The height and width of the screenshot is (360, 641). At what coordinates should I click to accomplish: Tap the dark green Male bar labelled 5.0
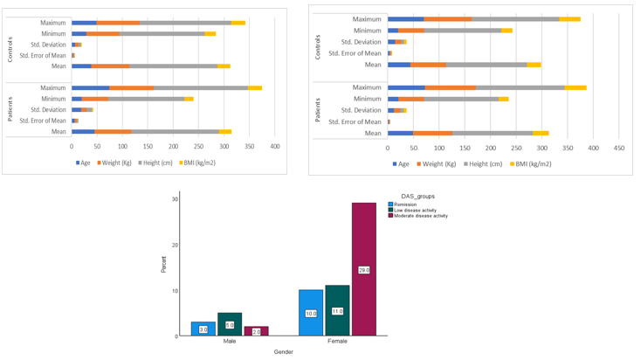pos(229,324)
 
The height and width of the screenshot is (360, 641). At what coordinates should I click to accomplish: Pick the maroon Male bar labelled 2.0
pos(256,331)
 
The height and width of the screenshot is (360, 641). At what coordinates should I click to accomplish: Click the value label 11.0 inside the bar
pos(337,311)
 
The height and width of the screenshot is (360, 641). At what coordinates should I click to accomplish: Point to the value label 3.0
pos(203,329)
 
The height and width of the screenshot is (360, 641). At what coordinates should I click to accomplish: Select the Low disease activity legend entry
pos(415,210)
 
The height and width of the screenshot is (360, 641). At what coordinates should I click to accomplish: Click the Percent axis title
pos(163,265)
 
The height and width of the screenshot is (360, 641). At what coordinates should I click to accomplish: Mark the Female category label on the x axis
pos(337,342)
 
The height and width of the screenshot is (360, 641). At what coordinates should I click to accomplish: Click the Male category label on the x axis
pos(229,342)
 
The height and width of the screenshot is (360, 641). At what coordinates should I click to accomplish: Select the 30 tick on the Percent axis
pos(175,199)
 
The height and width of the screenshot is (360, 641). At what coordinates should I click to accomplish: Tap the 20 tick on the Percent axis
pos(175,245)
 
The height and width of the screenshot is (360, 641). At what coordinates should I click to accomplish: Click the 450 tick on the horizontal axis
pos(619,148)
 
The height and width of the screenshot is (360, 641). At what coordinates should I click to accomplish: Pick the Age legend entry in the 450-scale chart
pos(402,163)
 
